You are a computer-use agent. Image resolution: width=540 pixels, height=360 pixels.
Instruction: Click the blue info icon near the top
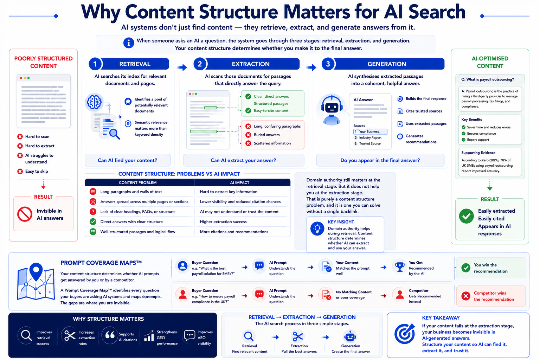click(x=128, y=43)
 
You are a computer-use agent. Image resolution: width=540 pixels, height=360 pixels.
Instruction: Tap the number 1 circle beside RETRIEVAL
click(x=95, y=64)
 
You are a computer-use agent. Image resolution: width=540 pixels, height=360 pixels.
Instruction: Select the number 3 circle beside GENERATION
click(x=328, y=64)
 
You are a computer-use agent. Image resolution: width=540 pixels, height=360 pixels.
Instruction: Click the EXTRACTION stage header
click(x=251, y=64)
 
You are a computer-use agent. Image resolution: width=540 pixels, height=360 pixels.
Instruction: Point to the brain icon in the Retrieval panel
click(x=94, y=102)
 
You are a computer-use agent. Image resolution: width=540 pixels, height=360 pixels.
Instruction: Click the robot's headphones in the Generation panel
click(x=332, y=104)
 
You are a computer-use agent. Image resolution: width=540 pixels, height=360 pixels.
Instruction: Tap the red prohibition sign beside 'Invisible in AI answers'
click(x=25, y=214)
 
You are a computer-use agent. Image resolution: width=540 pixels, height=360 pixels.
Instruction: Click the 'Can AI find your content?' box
click(x=128, y=160)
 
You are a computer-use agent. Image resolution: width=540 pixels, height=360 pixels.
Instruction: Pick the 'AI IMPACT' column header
click(x=239, y=182)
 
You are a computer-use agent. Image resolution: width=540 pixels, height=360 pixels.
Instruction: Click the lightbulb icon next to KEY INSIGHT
click(x=317, y=229)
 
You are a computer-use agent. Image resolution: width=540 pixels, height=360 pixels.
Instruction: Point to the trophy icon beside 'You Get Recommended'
click(x=400, y=267)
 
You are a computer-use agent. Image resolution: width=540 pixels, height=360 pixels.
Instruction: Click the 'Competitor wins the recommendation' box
click(x=491, y=296)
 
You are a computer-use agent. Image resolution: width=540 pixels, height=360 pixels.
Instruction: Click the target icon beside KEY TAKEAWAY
click(x=405, y=334)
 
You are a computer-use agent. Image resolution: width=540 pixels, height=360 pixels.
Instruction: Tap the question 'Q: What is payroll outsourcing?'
click(x=488, y=79)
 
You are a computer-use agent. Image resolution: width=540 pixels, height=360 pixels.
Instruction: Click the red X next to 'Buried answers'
click(x=248, y=135)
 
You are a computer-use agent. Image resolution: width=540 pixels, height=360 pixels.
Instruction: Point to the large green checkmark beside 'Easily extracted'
click(x=466, y=216)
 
